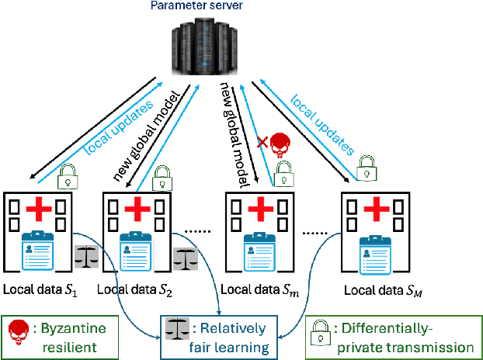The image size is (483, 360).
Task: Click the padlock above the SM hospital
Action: click(364, 166)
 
